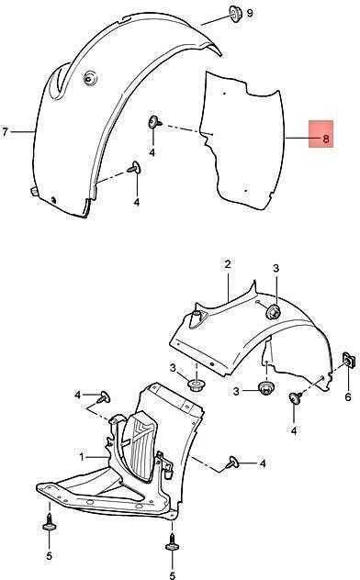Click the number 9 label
coord(250,13)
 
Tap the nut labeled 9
coord(235,13)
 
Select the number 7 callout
coord(5,131)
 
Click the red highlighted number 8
coord(326,139)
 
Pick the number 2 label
coord(228,264)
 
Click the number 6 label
coord(348,396)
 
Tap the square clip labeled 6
coord(349,359)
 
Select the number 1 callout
coord(82,457)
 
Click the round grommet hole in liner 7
coord(89,78)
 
